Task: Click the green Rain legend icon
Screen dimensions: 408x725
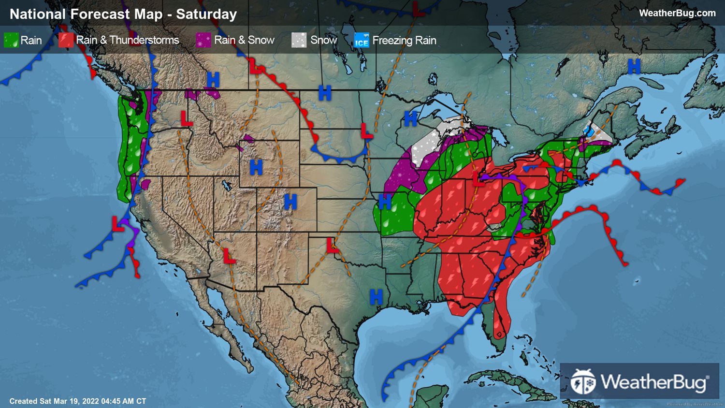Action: point(11,40)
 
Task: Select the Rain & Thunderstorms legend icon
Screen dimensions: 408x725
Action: point(66,40)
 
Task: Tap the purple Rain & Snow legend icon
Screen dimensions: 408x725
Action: point(203,40)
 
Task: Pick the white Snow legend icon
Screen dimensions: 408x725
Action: point(299,40)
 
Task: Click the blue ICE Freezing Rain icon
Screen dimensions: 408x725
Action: point(362,41)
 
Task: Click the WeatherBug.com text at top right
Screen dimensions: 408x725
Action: point(677,13)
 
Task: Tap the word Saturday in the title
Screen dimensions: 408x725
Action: point(206,14)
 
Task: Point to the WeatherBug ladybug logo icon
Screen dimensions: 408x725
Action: point(583,382)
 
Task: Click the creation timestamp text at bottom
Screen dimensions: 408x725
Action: point(78,401)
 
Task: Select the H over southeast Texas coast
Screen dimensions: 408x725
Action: point(376,297)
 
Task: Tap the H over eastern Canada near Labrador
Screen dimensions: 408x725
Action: point(634,66)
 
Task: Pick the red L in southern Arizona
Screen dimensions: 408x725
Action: point(229,256)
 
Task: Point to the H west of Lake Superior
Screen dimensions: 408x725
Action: point(410,118)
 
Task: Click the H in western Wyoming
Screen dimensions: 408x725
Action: point(256,168)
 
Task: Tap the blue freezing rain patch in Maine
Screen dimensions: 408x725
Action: point(588,131)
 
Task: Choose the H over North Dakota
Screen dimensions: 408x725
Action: point(325,93)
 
